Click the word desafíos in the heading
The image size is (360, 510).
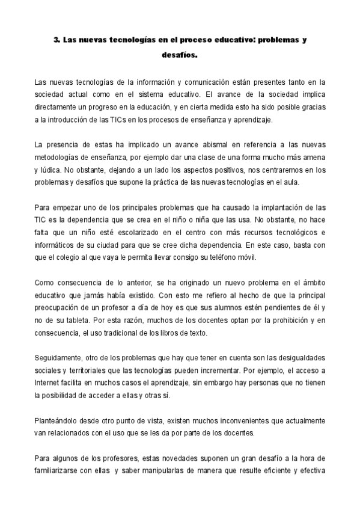tap(180, 57)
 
